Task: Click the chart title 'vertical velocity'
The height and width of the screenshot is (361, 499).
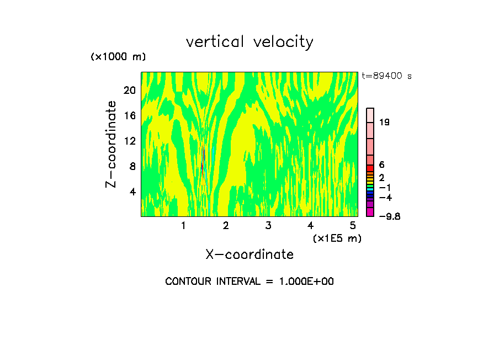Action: [x=250, y=42]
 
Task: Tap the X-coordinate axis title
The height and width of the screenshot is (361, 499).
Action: [x=250, y=254]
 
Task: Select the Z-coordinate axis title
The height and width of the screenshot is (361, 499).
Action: [x=112, y=144]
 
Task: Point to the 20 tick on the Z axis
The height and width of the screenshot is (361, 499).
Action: [x=129, y=90]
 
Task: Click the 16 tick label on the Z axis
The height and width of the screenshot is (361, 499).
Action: [x=129, y=115]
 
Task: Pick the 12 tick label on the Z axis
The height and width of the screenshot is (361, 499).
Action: [x=129, y=141]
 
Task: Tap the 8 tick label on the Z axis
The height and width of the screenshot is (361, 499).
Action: [x=132, y=166]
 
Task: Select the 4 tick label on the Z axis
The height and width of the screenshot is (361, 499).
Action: [x=132, y=192]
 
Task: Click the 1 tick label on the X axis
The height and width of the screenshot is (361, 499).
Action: [x=183, y=225]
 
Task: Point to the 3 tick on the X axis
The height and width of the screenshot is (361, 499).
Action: [x=268, y=225]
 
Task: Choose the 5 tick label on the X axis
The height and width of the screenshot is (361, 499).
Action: [x=352, y=225]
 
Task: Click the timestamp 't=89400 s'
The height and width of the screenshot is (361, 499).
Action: [x=387, y=76]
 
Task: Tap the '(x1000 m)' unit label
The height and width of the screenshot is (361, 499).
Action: [x=118, y=57]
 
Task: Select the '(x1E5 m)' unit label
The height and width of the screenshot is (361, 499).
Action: [x=337, y=238]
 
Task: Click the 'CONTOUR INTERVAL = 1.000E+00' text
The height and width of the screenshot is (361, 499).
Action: [x=250, y=282]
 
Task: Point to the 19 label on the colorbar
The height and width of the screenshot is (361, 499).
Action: [x=385, y=122]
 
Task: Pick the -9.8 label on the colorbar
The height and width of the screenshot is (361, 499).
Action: [x=389, y=216]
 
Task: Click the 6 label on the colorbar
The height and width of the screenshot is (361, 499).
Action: [x=381, y=165]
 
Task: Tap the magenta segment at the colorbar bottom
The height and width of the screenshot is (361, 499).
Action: [x=370, y=213]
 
